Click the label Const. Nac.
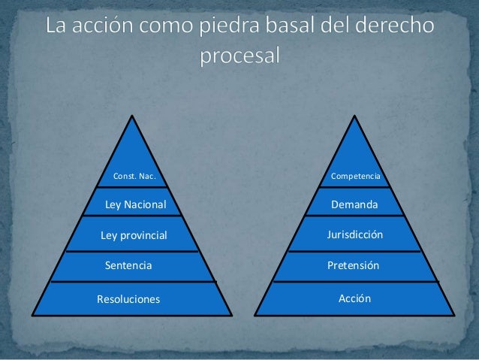[134, 177]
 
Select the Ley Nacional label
[135, 204]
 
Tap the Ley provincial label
[134, 235]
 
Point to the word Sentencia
[128, 265]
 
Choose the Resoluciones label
[128, 299]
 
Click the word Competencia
[355, 177]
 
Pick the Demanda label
[355, 204]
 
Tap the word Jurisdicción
[355, 235]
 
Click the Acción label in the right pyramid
[355, 298]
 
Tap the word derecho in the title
[396, 28]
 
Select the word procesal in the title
[240, 56]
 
